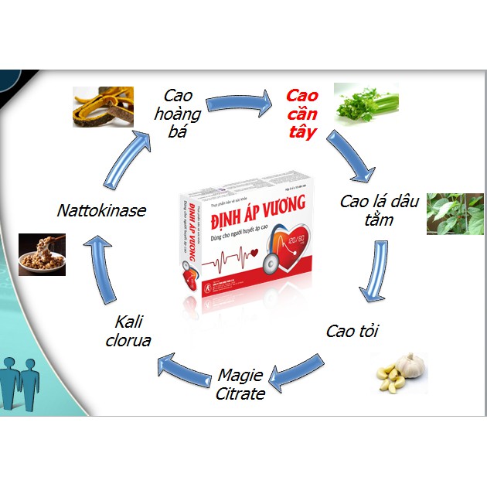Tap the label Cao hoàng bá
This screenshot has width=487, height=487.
point(182,114)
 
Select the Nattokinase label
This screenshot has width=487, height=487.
point(102,210)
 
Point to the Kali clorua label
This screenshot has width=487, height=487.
point(132,330)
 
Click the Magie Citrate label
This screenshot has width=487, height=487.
point(240,384)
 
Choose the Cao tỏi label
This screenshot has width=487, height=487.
point(352,332)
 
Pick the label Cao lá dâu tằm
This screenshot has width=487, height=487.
point(380,210)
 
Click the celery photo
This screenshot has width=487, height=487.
point(365,103)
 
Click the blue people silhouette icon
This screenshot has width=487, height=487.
point(20,380)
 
